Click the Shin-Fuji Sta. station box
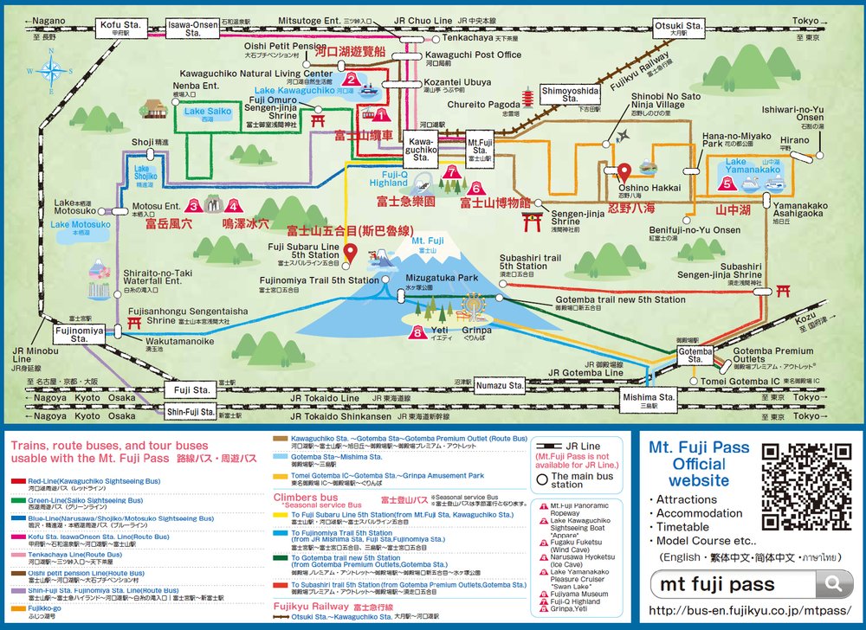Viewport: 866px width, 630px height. (x=191, y=413)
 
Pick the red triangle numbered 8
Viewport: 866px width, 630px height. (x=419, y=331)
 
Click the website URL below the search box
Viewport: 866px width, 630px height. (x=750, y=610)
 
